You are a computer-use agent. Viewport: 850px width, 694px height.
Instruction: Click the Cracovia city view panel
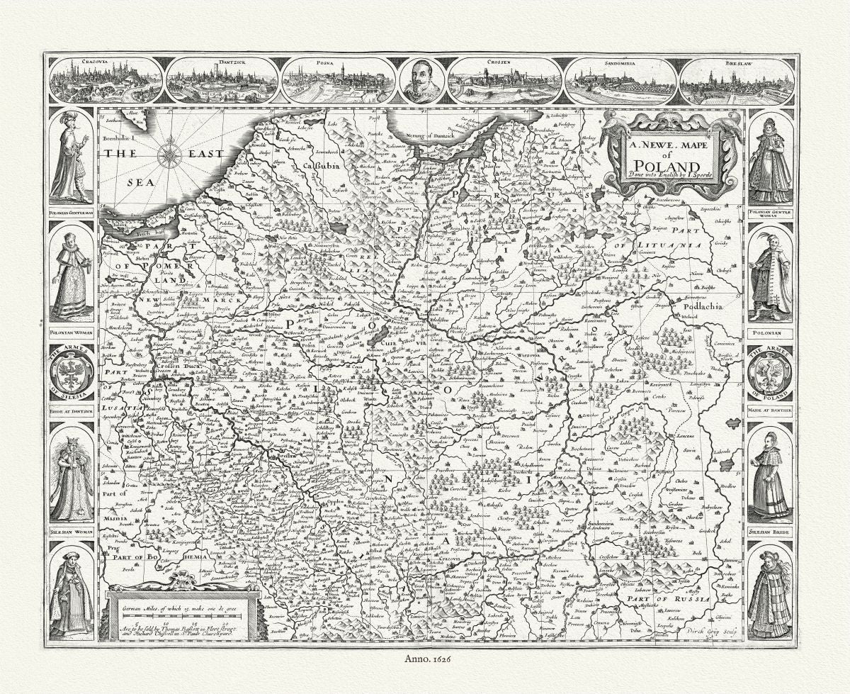point(106,80)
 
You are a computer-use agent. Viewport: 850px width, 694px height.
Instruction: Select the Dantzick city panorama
point(222,80)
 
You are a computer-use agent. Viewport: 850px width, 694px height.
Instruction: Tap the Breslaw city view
point(737,80)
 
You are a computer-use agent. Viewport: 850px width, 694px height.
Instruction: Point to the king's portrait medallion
point(422,80)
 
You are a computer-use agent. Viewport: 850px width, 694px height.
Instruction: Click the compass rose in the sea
point(169,155)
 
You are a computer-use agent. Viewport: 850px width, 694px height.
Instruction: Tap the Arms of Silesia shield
point(72,372)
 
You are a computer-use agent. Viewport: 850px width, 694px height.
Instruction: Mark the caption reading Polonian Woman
point(71,331)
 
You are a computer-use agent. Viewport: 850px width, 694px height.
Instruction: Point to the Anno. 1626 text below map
point(425,667)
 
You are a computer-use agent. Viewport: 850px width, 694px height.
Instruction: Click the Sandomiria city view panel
point(621,80)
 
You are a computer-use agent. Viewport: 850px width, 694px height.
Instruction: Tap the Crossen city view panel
point(505,80)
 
